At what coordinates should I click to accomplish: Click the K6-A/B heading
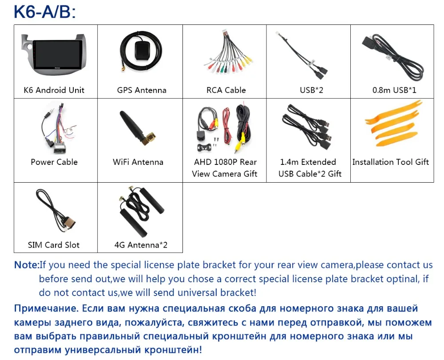[45, 12]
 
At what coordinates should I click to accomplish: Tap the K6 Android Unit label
[54, 90]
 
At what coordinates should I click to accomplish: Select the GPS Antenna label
[142, 90]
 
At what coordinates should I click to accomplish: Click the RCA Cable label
[226, 90]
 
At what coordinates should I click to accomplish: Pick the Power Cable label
[54, 162]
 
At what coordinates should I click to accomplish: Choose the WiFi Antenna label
[138, 162]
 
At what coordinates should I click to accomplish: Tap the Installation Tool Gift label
[391, 162]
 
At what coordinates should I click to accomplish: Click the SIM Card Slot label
[54, 245]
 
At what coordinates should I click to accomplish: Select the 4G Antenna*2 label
[141, 245]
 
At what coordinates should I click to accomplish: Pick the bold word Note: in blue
[27, 265]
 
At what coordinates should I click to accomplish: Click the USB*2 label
[311, 90]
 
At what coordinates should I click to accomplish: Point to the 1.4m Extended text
[308, 162]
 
